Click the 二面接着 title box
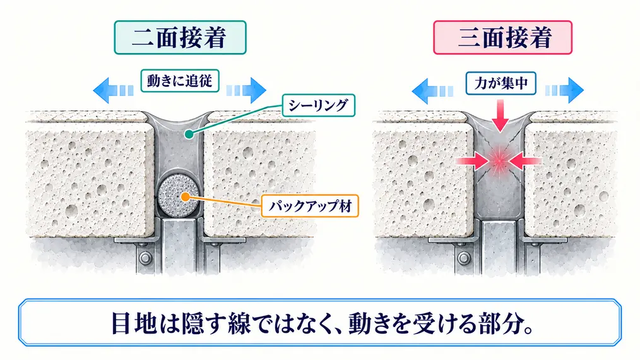click(x=180, y=38)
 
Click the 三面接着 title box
click(x=502, y=38)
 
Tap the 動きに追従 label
click(x=180, y=80)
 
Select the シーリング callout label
click(x=318, y=105)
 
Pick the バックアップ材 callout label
click(x=310, y=206)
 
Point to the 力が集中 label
click(x=501, y=83)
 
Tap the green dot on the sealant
click(x=188, y=134)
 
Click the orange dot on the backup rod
click(x=186, y=197)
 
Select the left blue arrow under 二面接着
click(x=113, y=90)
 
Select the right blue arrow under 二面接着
click(x=246, y=90)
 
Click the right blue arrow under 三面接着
click(x=564, y=90)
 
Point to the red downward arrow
click(x=500, y=116)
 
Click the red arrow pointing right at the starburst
click(x=472, y=162)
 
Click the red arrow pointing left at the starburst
click(x=525, y=162)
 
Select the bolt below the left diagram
click(x=145, y=258)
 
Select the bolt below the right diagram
click(x=463, y=258)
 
